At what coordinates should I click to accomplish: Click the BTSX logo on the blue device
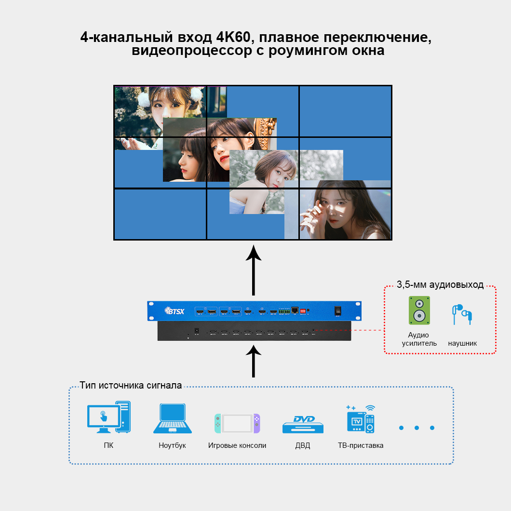[174, 311]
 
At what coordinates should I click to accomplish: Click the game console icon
[237, 423]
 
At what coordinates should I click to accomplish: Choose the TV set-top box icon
[361, 418]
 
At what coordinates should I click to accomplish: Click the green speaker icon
[419, 310]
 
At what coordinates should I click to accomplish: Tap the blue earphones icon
[461, 314]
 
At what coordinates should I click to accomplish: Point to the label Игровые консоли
[237, 445]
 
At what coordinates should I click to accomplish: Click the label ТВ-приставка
[361, 445]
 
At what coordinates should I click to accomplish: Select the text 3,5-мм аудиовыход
[440, 284]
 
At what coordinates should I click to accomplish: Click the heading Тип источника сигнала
[131, 385]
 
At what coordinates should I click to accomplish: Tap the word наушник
[462, 343]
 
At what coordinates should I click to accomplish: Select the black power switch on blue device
[338, 311]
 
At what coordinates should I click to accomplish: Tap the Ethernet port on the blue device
[295, 310]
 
